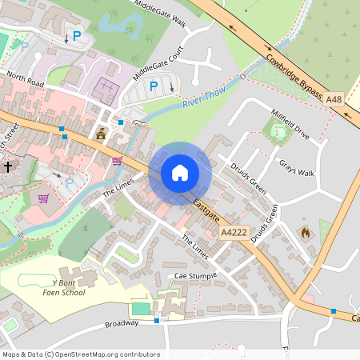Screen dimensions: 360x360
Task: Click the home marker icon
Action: tap(180, 173)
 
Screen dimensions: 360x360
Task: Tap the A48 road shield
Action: tap(334, 98)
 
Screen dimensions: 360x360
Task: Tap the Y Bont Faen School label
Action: tap(68, 288)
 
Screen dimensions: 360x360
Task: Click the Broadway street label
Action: tap(122, 325)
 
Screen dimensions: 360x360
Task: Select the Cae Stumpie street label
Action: tap(197, 277)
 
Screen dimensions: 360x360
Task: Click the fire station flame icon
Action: tap(304, 233)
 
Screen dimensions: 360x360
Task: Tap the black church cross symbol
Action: tap(8, 167)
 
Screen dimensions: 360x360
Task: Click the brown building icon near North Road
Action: tap(101, 135)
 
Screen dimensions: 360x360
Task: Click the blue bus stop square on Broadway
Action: tap(158, 321)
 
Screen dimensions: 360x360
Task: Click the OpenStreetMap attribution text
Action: tap(80, 354)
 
